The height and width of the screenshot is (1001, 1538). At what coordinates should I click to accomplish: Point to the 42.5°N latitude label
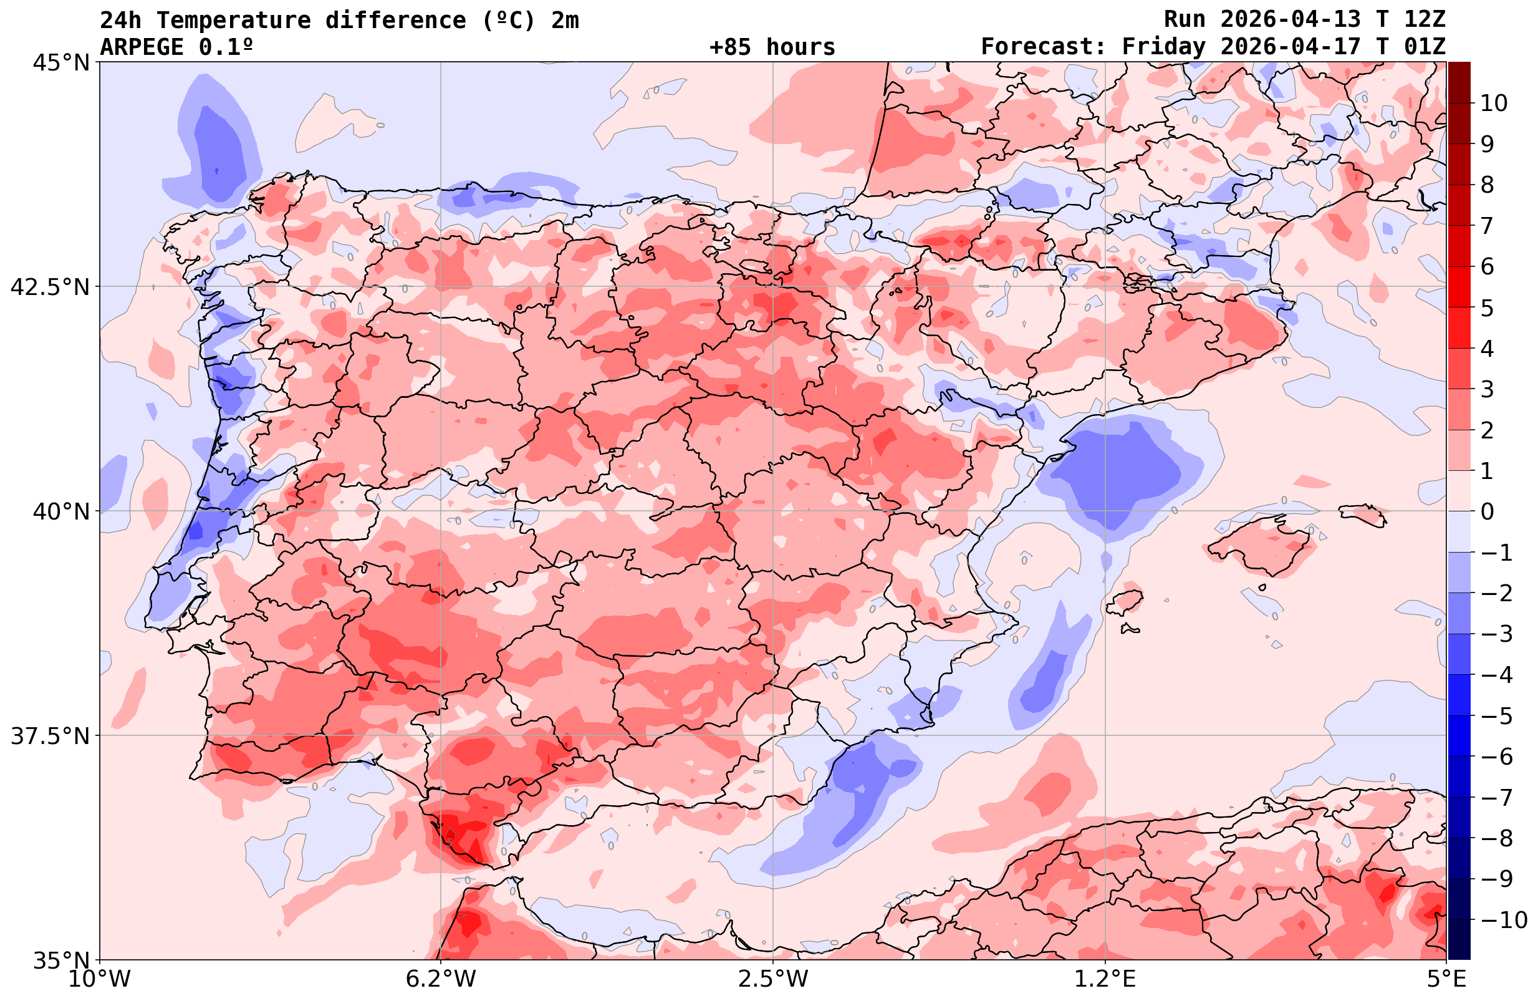(50, 286)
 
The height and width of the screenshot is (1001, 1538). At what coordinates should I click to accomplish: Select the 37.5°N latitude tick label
(50, 736)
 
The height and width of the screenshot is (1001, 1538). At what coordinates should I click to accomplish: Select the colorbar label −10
(1503, 919)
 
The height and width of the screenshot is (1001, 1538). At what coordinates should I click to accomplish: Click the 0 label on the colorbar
(1487, 511)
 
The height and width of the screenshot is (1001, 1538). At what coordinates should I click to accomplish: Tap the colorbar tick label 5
(1487, 308)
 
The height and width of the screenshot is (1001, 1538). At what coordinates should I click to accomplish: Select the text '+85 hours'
(772, 47)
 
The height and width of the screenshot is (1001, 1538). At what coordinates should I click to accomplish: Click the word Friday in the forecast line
(1163, 47)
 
